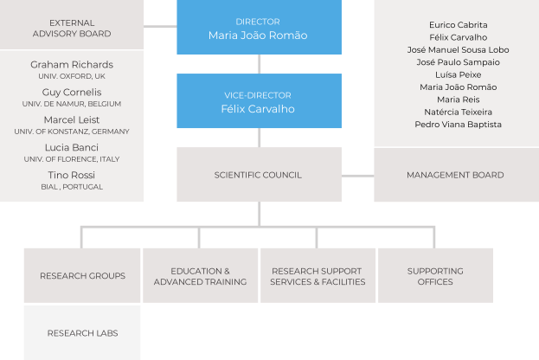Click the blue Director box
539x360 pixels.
point(258,28)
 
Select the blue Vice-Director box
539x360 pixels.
point(258,101)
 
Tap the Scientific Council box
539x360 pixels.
point(258,175)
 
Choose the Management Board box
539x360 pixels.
point(455,175)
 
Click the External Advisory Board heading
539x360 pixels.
point(72,28)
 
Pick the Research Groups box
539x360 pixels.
point(82,276)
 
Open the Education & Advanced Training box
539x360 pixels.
point(200,276)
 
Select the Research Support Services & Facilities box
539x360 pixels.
point(318,276)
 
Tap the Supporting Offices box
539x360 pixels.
point(435,276)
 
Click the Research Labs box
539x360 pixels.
point(82,333)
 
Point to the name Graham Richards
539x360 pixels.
point(72,65)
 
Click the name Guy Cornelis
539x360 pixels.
point(72,92)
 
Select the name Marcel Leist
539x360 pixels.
point(72,119)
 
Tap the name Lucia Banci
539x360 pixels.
point(72,147)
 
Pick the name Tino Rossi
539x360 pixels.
point(72,175)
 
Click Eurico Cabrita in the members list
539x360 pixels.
point(458,25)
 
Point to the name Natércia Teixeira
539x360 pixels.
point(458,112)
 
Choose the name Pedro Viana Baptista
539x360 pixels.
point(458,125)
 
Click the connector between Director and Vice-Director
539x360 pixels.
point(258,64)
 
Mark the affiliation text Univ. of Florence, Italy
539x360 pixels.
point(72,159)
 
